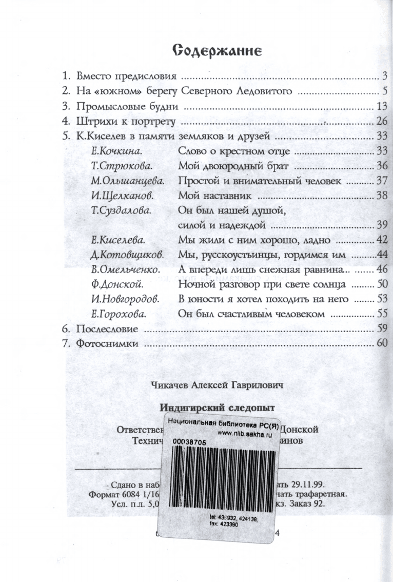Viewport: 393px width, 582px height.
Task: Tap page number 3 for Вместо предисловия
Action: [x=384, y=77]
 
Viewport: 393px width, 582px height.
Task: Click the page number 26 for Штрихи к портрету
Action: [x=380, y=122]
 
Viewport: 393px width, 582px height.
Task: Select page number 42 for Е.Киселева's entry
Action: [x=381, y=240]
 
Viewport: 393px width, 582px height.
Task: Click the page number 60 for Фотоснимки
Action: [x=381, y=343]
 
